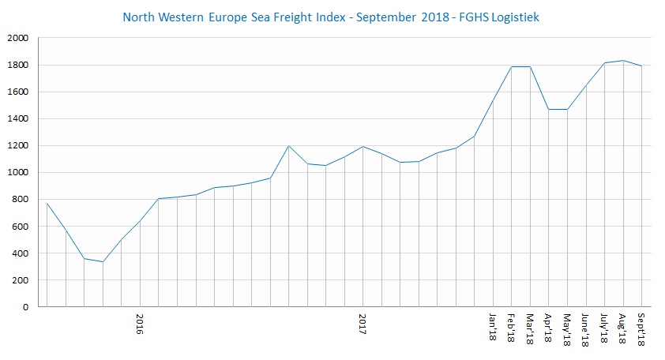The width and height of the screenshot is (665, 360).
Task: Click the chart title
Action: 332,16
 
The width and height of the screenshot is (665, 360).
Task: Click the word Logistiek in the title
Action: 513,17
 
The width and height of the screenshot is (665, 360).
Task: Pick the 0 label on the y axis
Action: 25,307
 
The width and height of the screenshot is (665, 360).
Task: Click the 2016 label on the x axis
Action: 140,326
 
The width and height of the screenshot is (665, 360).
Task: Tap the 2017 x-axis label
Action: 363,326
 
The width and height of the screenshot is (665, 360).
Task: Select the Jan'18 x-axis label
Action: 493,328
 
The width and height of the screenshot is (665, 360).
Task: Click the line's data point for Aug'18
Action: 622,60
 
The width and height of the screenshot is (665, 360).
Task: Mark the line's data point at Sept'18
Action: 641,66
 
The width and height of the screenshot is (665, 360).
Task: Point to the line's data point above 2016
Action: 140,222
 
